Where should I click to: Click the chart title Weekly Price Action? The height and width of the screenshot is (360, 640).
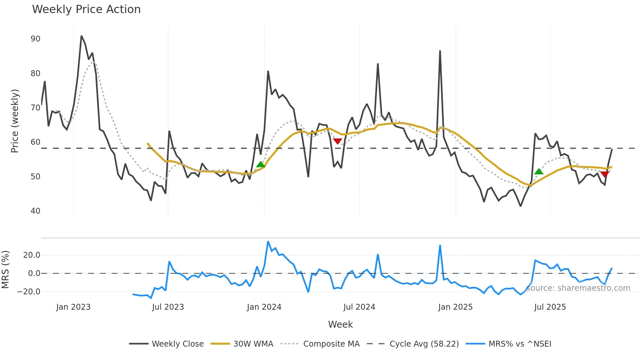pyautogui.click(x=86, y=9)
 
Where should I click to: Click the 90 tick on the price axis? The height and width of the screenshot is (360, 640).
pyautogui.click(x=35, y=39)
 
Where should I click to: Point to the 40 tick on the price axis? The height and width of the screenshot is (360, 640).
pyautogui.click(x=35, y=211)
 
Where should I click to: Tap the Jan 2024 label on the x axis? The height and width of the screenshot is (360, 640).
pyautogui.click(x=264, y=307)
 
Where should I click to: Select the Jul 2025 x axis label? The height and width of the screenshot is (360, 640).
pyautogui.click(x=550, y=307)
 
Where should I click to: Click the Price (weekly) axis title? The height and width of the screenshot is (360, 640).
pyautogui.click(x=15, y=121)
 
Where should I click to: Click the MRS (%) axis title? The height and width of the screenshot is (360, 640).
pyautogui.click(x=5, y=270)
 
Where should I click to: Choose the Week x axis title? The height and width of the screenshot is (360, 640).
pyautogui.click(x=340, y=324)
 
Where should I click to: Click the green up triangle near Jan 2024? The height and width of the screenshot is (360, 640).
pyautogui.click(x=261, y=164)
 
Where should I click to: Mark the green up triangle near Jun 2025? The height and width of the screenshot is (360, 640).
pyautogui.click(x=539, y=172)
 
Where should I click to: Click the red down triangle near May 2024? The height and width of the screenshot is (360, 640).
pyautogui.click(x=337, y=141)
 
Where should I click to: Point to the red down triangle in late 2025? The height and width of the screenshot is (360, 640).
pyautogui.click(x=605, y=174)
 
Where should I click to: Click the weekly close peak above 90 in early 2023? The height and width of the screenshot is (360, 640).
pyautogui.click(x=81, y=36)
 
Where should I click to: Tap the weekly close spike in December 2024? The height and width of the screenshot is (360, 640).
pyautogui.click(x=440, y=51)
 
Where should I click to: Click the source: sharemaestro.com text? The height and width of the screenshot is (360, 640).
pyautogui.click(x=578, y=288)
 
